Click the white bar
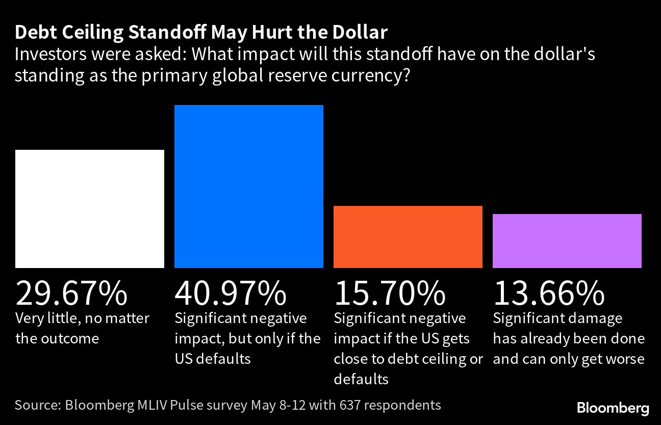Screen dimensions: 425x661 (x=90, y=209)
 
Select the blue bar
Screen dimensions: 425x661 (x=249, y=187)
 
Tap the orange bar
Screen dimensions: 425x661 (x=408, y=237)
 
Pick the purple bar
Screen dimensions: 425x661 (x=567, y=241)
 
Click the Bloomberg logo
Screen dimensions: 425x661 (x=613, y=408)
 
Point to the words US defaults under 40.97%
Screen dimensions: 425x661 (x=213, y=359)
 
